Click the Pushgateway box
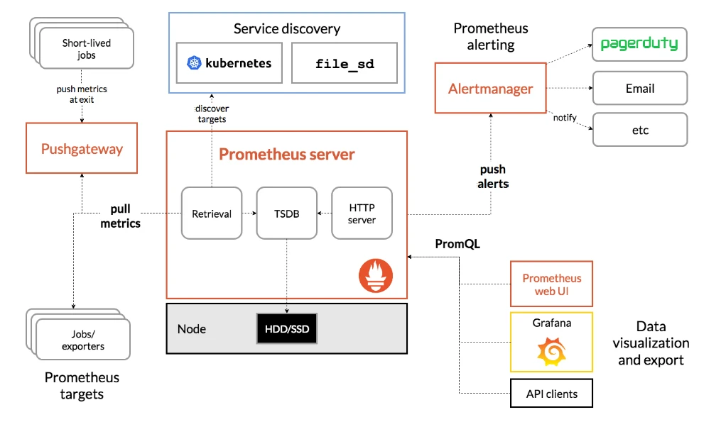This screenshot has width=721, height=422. pos(82,148)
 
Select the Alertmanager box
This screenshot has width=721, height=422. pos(491,88)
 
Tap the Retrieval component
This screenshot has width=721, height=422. pos(212,213)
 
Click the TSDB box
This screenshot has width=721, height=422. pos(286,213)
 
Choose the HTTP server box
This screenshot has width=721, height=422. pos(362,213)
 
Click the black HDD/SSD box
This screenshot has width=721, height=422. pos(287,328)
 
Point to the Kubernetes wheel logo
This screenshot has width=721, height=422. pos(194,63)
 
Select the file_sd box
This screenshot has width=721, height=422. pos(345,63)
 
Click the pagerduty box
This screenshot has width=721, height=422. pos(639,44)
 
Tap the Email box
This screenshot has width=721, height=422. pos(640,88)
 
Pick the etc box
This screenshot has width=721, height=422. pos(640,130)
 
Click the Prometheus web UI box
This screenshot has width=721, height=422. pos(551,284)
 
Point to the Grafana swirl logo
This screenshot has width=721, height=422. pos(551,351)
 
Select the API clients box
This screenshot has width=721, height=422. pos(551,393)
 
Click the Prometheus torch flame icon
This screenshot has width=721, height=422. pos(376,275)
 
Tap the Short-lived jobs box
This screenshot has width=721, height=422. pos(87,48)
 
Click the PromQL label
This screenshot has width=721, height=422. pos(457,244)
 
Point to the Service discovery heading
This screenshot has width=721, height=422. pos(287,29)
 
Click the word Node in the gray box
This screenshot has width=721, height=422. pos(192,329)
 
